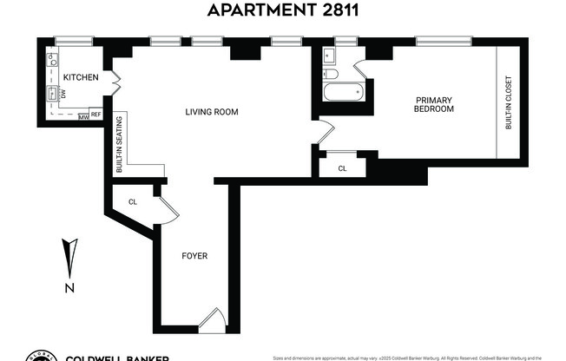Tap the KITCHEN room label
coord(81,78)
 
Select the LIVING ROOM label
coord(212,111)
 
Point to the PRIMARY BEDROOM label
coord(432,104)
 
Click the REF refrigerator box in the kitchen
coord(95,115)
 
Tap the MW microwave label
coord(83,115)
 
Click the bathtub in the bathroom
coord(344,93)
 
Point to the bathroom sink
coord(330,57)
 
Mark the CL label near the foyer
coord(133,202)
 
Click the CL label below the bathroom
coord(342,168)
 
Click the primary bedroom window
coord(444,40)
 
